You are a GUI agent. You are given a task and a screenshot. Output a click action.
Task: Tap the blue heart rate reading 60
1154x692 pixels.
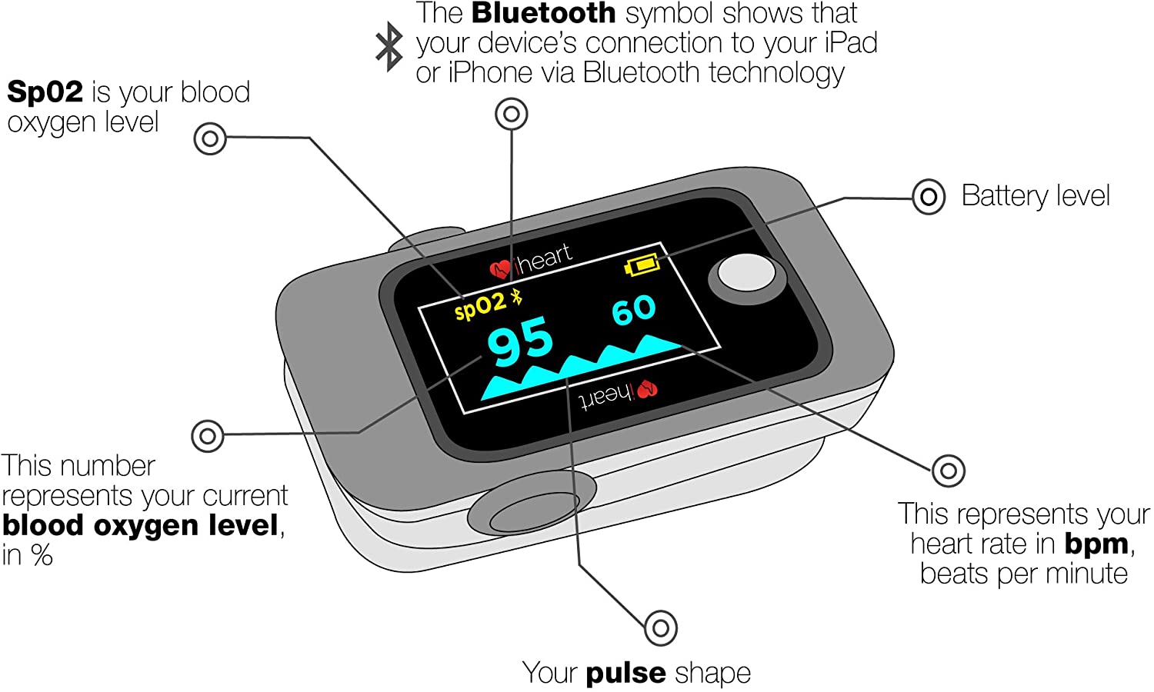point(633,310)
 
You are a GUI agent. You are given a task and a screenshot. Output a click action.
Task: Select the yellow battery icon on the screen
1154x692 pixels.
point(642,265)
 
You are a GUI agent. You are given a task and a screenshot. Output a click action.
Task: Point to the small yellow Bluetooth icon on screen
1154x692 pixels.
point(517,297)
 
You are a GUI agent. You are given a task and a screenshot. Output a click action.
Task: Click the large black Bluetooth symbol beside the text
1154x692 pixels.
point(389,46)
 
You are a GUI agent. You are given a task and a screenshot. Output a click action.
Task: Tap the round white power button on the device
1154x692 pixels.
point(745,274)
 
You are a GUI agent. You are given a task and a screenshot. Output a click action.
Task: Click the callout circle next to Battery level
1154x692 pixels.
point(928,197)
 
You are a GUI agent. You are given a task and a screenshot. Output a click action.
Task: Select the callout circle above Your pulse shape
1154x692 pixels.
point(660,628)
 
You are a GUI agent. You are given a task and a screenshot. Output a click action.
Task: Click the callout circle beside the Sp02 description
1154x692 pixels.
point(210,139)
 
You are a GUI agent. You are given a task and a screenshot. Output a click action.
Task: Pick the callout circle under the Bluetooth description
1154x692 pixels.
point(512,115)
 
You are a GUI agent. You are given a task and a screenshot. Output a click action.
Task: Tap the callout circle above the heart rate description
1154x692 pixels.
point(948,470)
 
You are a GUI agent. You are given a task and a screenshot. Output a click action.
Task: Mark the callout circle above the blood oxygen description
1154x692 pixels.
point(207,436)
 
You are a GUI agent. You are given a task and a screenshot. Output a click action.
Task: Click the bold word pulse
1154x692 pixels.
point(625,674)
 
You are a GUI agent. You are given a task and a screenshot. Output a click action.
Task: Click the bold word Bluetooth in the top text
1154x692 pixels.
point(543,14)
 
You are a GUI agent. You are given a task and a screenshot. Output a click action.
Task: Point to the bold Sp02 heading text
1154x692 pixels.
point(45,92)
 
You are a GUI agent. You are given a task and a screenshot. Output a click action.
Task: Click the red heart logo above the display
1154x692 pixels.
point(500,268)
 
